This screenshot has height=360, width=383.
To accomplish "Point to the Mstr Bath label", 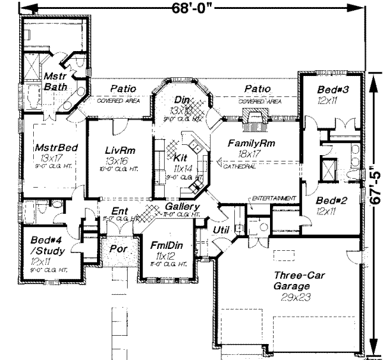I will click(x=52, y=80).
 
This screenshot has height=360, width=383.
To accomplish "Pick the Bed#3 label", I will click(x=331, y=90).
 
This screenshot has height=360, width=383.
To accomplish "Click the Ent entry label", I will click(x=119, y=211).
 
